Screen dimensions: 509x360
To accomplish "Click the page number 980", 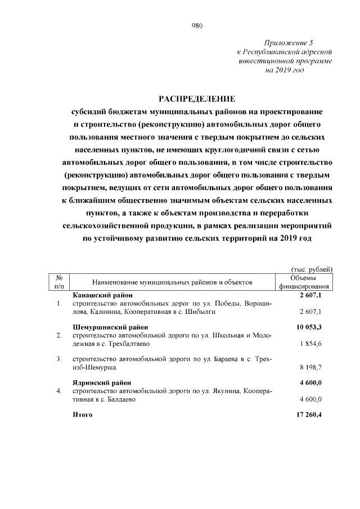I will point(197,25).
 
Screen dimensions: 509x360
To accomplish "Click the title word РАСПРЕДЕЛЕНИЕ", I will point(196,99).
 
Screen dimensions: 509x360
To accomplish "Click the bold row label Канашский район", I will point(103,295).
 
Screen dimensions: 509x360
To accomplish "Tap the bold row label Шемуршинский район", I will point(110,327).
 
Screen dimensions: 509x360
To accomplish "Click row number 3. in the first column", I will point(59,359).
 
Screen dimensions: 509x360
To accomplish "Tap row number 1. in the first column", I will point(59,304).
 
